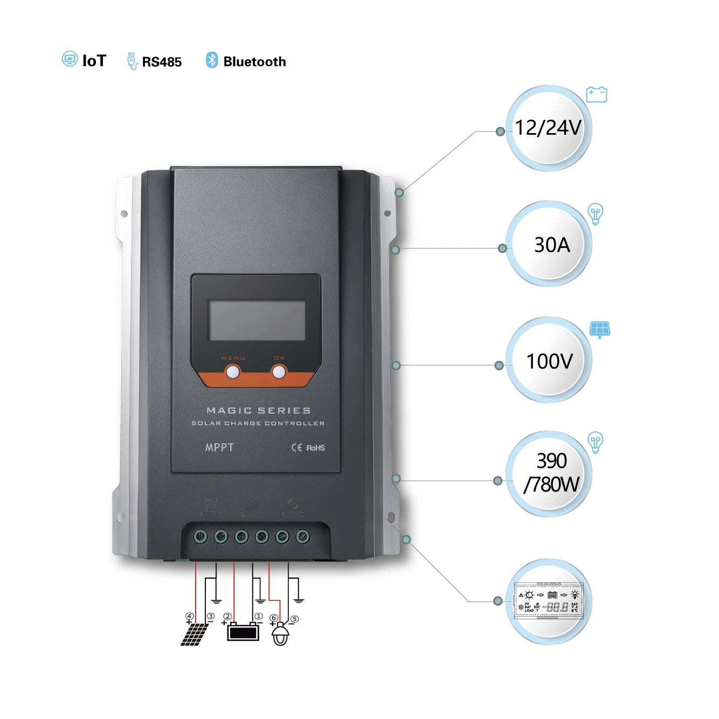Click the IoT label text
coord(94,61)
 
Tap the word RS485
coord(162,62)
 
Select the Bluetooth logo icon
coord(212,60)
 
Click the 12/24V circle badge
coord(548,128)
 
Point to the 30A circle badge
coord(549,244)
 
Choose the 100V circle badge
coord(549,360)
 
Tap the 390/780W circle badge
coord(549,473)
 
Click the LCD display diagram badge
coord(549,601)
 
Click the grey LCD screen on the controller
coord(257,320)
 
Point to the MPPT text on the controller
coord(219,447)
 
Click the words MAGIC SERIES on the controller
coord(259,411)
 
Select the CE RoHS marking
coord(308,448)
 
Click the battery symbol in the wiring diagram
coord(243,632)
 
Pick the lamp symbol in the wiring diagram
coord(280,634)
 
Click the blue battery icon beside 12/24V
coord(596,94)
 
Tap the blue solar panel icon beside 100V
coord(599,329)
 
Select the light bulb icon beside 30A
coord(595,213)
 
